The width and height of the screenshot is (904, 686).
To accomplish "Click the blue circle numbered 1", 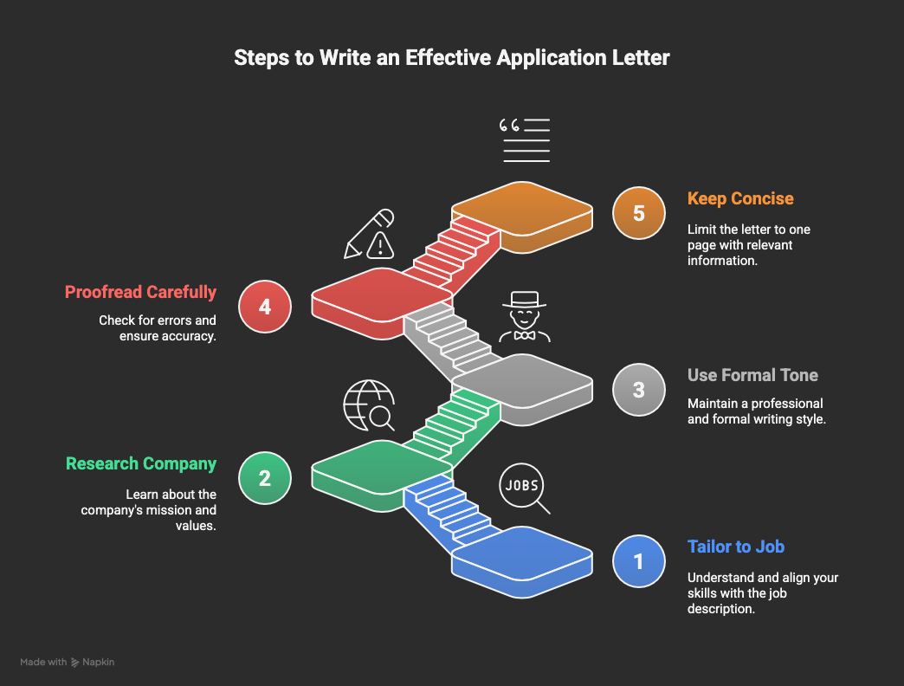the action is [639, 561].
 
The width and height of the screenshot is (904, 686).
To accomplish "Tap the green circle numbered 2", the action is [265, 478].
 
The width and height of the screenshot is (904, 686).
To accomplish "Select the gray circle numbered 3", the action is [639, 390].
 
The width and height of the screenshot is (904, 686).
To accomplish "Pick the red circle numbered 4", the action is [265, 306].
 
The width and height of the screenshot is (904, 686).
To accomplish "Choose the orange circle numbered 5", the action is [639, 213].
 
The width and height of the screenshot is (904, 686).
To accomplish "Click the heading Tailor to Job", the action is [736, 547].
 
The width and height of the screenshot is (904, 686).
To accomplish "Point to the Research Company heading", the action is [141, 464].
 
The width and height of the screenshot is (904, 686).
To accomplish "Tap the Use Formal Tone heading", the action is [752, 375].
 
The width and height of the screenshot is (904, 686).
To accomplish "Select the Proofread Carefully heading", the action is [140, 292].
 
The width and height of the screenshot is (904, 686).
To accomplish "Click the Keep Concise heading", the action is [740, 198].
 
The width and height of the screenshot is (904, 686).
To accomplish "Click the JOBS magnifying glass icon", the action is [524, 489].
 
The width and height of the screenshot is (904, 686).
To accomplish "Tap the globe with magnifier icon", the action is [369, 405].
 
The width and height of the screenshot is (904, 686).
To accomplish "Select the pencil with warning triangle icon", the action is [369, 234].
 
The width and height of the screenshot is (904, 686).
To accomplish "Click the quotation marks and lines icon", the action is [524, 140].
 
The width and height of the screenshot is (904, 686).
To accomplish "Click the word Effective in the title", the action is [448, 58].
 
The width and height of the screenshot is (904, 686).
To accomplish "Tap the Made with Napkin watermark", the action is [67, 663].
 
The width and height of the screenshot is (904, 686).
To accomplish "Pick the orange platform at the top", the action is [522, 217].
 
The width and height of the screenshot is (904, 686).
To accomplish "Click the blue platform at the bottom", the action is [522, 562].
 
